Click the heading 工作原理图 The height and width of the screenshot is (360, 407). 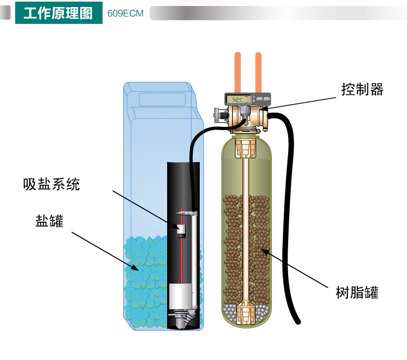coord(58,13)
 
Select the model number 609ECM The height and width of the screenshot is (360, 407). coord(125,14)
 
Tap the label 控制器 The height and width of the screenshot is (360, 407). coord(362,89)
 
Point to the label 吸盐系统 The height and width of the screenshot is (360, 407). coord(52,184)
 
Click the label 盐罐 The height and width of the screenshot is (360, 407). coord(49,221)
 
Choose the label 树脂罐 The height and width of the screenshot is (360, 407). coord(357,292)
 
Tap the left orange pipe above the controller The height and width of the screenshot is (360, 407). coord(238,73)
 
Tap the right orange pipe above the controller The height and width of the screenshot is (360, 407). coord(258,73)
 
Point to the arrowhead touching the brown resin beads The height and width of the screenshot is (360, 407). coord(264,251)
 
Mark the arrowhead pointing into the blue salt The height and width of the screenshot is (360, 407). coord(135,267)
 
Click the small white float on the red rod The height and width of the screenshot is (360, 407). coord(181,231)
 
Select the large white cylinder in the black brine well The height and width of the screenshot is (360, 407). coord(181,296)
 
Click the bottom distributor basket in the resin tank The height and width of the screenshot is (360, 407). coord(245,312)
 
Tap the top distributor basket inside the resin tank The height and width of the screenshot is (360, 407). coord(245,148)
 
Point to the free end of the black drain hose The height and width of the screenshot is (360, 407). coord(298,322)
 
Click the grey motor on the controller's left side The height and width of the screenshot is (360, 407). coord(221,115)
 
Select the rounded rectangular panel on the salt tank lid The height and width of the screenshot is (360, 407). coord(162,99)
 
